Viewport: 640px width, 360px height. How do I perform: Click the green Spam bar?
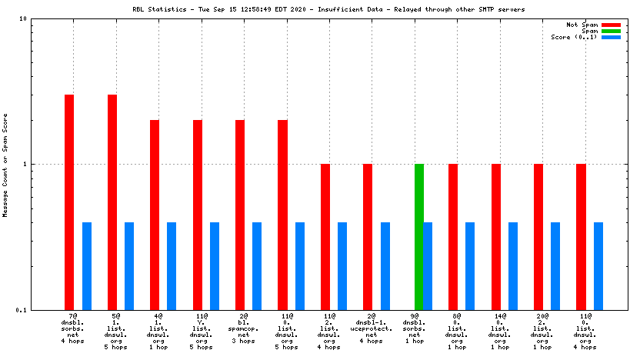[419, 236]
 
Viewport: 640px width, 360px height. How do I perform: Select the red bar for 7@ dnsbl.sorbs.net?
[69, 202]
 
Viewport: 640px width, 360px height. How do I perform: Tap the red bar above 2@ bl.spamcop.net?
[240, 215]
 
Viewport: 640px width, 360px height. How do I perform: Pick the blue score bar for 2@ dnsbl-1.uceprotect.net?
[385, 265]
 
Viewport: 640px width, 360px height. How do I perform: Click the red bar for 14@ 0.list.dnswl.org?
[496, 236]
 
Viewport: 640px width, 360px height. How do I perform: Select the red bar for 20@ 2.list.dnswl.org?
[538, 236]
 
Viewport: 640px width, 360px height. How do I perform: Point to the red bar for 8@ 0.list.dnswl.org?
[453, 236]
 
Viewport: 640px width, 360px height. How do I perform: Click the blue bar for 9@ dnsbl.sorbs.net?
[428, 265]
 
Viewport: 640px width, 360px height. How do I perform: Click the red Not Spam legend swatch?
[611, 25]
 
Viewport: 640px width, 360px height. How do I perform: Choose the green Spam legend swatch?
[611, 31]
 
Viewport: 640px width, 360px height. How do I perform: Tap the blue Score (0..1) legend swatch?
[611, 37]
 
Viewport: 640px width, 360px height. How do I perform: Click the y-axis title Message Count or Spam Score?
[5, 164]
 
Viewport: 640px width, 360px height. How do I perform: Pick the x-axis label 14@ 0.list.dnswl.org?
[499, 331]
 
